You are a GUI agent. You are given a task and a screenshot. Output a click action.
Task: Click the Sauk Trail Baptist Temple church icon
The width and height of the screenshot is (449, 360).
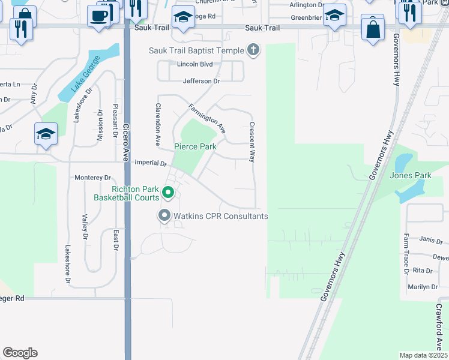(253, 50)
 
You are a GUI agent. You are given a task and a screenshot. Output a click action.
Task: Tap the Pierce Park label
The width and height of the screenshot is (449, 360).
(195, 146)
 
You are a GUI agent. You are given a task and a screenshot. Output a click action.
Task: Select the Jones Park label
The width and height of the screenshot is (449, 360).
(411, 175)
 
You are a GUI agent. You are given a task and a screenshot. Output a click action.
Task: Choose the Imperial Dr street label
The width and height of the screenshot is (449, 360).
(151, 163)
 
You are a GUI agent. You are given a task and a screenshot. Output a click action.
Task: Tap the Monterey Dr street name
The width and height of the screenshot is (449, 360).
(93, 178)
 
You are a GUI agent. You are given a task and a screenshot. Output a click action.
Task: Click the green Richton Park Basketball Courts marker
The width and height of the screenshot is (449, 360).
(168, 193)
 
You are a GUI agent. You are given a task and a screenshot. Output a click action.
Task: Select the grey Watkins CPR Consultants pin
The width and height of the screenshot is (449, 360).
(163, 215)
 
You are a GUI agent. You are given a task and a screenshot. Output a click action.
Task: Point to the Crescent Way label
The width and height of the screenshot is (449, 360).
(252, 141)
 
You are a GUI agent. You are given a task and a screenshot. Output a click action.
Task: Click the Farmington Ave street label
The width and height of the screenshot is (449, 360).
(207, 118)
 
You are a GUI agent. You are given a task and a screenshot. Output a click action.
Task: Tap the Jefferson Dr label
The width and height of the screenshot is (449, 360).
(201, 80)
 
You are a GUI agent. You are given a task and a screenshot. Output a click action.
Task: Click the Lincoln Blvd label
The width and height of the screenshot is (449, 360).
(195, 64)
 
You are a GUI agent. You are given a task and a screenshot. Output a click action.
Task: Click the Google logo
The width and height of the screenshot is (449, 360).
(20, 353)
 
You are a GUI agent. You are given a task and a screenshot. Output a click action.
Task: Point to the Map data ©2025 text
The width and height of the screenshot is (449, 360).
(423, 355)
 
